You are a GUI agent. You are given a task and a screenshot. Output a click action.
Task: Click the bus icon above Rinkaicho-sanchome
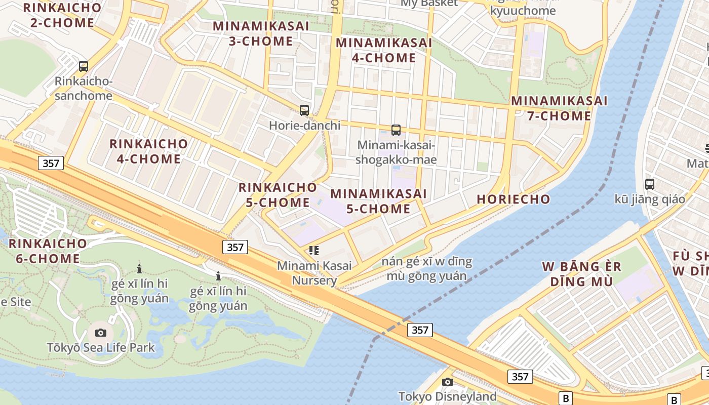pos(84,66)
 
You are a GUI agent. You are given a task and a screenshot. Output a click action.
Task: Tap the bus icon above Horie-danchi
pos(304,110)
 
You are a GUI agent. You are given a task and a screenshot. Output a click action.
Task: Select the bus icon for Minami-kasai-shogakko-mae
pos(396,130)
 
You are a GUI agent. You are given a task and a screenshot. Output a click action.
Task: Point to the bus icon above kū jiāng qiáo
pos(650,184)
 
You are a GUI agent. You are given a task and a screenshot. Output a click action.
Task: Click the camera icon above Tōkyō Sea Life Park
pos(101,333)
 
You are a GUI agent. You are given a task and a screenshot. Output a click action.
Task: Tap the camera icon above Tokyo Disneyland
pos(447,382)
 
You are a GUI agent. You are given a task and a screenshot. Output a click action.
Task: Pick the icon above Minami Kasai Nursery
pos(314,250)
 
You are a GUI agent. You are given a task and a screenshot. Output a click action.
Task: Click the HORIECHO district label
pos(514,199)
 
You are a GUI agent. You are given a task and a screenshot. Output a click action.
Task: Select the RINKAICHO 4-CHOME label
pos(148,151)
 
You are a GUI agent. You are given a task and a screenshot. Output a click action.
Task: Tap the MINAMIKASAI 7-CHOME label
pos(559,108)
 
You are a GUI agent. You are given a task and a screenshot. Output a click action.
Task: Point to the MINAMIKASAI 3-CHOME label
pos(261,33)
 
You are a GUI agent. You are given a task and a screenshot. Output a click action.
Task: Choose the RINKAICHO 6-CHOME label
pos(48,251)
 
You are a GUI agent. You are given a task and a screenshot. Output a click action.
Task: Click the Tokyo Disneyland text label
pos(447,396)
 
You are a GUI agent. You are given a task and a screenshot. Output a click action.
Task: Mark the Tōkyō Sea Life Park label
pos(101,348)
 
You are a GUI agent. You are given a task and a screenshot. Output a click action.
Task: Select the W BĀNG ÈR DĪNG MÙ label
pos(581,274)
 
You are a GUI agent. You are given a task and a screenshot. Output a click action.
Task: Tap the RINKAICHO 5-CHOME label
pos(278,195)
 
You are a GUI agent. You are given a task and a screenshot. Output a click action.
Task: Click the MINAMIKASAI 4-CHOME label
pos(384,50)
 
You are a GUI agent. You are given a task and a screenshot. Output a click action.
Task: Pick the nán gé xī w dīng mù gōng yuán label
pos(426,269)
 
